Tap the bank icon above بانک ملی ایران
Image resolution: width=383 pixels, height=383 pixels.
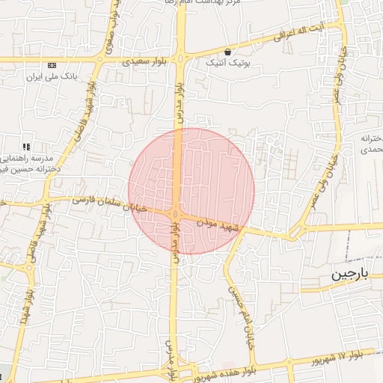[50, 66]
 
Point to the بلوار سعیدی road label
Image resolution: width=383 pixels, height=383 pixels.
[143, 58]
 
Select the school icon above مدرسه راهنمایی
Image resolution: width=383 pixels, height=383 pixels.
[27, 147]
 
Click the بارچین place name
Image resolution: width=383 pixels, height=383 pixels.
[350, 275]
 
